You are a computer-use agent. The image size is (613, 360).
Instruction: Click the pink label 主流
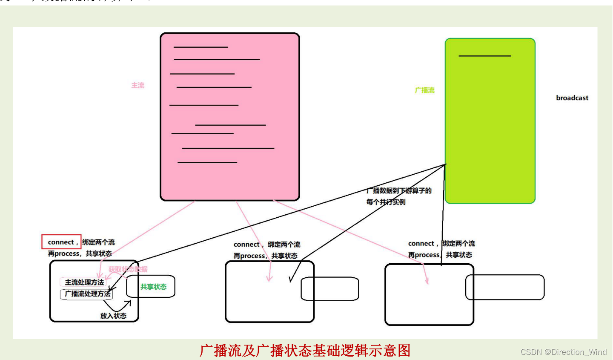click(137, 85)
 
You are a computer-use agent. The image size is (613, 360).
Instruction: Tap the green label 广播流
click(424, 90)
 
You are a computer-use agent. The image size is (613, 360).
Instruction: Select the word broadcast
click(572, 98)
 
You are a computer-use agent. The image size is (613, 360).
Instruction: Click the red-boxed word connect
click(61, 242)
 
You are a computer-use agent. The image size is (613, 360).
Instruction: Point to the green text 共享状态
click(153, 287)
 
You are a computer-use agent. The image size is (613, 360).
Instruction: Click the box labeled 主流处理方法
click(84, 282)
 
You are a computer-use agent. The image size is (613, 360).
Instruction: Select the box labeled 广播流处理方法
click(87, 294)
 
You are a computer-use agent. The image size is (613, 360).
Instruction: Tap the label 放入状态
click(113, 316)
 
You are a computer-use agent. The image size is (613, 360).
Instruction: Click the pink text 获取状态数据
click(128, 269)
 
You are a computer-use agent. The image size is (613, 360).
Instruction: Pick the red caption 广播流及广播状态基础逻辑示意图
click(305, 350)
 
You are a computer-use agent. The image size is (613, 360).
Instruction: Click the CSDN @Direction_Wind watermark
click(563, 352)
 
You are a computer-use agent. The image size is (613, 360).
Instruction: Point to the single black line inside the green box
click(484, 56)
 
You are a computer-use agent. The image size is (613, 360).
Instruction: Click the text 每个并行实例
click(386, 202)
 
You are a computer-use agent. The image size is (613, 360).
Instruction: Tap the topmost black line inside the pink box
click(201, 47)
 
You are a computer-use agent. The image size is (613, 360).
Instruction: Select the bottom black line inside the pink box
click(207, 162)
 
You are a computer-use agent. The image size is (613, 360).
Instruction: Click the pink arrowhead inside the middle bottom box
click(269, 278)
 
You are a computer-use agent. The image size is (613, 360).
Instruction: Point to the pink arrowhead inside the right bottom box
click(427, 281)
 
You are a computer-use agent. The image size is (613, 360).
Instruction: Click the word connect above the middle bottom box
click(246, 245)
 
